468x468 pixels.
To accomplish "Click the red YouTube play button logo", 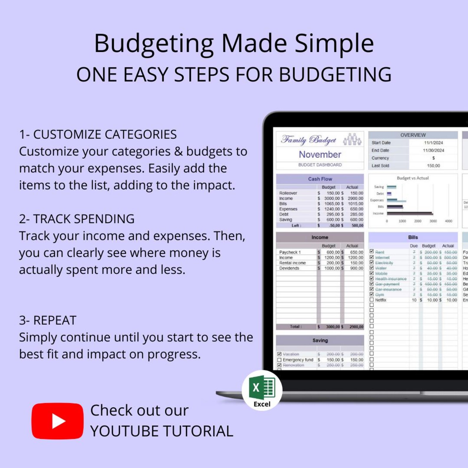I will (57, 421).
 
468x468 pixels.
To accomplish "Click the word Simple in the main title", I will (334, 43).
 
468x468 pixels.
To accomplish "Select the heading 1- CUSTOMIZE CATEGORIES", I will (98, 134).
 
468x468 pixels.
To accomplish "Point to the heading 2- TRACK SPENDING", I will (77, 219).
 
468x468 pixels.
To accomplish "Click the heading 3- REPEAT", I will (48, 320).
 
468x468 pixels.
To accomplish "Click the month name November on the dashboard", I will (320, 154).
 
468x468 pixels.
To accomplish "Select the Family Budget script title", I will (309, 140).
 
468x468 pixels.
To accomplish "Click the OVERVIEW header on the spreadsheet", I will (413, 135).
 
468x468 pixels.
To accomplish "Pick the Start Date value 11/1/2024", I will (433, 143).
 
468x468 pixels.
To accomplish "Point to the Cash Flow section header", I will (320, 179).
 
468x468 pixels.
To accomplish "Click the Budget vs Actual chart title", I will (413, 178).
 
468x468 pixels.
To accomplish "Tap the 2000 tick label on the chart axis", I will (418, 221).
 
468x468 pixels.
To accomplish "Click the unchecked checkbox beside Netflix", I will (372, 300).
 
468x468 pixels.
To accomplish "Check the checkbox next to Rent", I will (372, 252).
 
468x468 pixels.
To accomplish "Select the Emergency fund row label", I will (298, 360).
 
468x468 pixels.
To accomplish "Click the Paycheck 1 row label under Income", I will (290, 252).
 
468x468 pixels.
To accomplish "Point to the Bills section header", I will (413, 237).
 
